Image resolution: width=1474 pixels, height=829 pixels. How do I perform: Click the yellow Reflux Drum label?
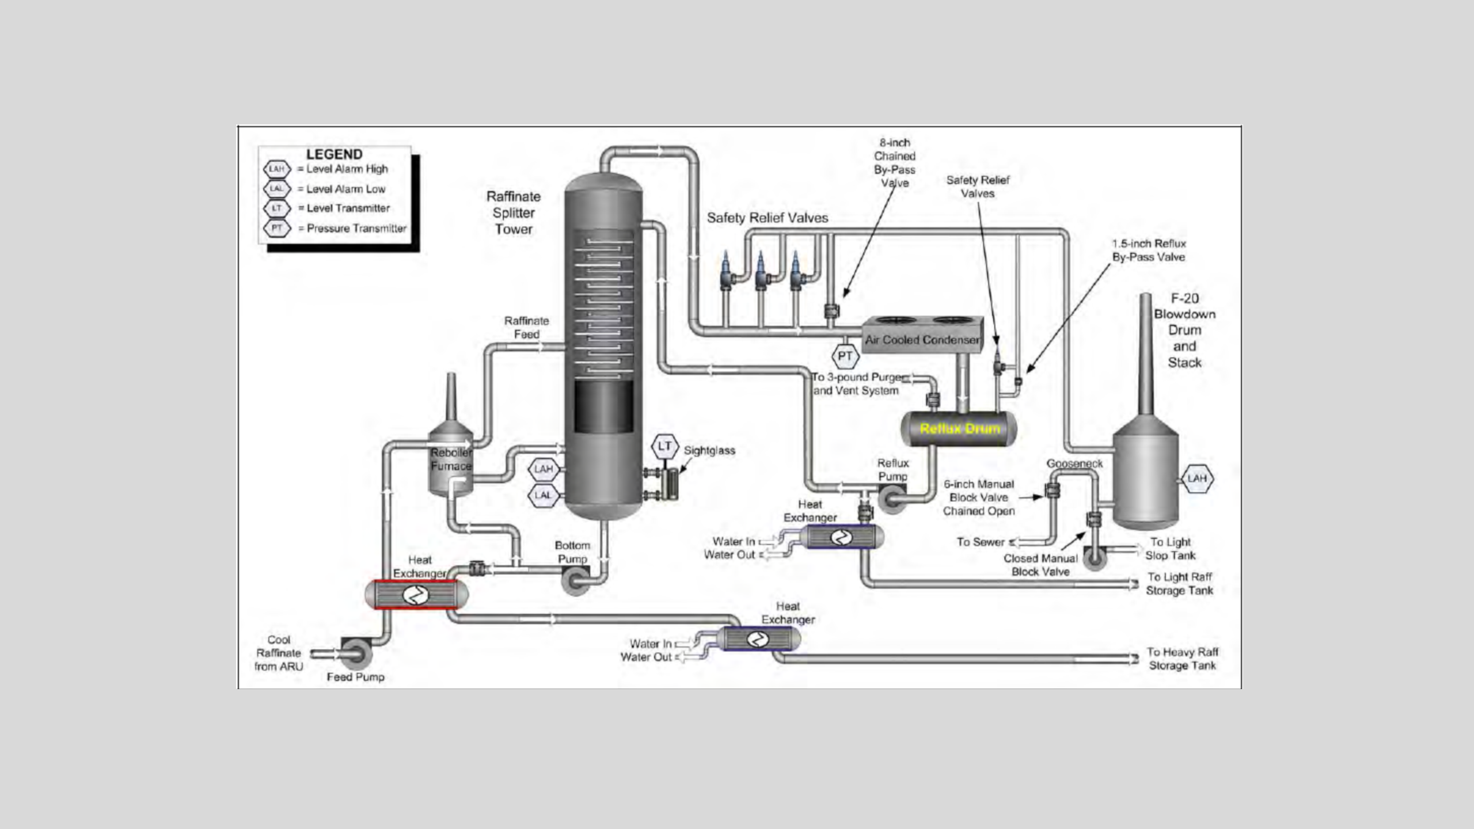(x=960, y=428)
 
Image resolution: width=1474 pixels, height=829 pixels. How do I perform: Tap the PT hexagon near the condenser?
(x=845, y=356)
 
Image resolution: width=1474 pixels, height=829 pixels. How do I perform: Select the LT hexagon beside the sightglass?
(x=665, y=446)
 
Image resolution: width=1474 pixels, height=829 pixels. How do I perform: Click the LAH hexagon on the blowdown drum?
(x=1197, y=478)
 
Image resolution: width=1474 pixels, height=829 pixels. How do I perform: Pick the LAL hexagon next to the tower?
(x=543, y=495)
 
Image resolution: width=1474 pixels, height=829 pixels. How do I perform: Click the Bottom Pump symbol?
(x=576, y=580)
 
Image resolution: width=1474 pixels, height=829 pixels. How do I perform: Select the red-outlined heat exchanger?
(x=416, y=594)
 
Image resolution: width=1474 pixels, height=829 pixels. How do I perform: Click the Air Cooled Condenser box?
(x=922, y=333)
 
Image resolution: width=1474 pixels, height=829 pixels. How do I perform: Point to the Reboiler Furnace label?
(x=451, y=459)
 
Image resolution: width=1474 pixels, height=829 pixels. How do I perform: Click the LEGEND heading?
(x=335, y=154)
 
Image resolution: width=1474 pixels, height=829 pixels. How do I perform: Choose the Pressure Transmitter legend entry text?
(x=356, y=228)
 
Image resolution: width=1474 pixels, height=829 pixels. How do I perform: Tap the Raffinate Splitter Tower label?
(x=514, y=212)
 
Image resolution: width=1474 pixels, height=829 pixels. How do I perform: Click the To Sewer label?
(x=981, y=542)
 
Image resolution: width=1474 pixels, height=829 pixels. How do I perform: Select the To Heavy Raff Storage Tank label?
(x=1183, y=659)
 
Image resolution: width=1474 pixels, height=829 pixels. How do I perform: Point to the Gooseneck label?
(x=1074, y=463)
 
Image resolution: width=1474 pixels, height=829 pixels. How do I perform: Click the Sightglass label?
(x=709, y=451)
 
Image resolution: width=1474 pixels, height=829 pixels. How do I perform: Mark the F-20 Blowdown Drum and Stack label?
(x=1184, y=330)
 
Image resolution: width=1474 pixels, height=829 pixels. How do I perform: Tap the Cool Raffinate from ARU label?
(x=279, y=653)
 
